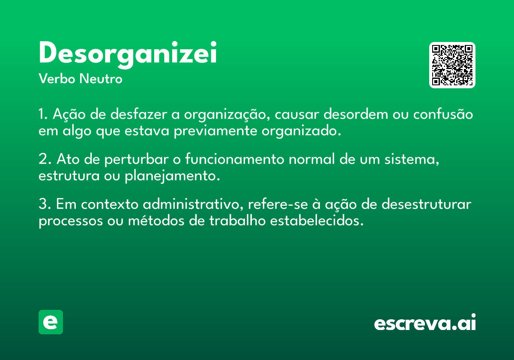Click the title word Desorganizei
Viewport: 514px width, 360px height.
128,55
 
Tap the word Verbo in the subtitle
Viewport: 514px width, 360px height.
57,78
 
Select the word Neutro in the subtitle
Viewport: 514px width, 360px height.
101,78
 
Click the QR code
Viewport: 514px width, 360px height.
452,65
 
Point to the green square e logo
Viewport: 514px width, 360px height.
51,322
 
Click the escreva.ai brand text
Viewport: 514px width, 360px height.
425,322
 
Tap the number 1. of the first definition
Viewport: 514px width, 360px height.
43,114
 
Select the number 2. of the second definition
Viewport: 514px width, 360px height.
45,159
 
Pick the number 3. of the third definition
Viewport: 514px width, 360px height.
45,204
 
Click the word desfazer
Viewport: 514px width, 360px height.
139,114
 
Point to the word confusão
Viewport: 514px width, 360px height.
443,114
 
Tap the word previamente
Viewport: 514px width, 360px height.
215,131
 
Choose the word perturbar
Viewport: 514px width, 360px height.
137,159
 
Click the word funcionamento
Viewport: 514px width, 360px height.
235,159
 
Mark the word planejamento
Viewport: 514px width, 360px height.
172,176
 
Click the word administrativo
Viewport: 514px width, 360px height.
193,204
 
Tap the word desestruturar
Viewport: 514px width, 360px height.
426,204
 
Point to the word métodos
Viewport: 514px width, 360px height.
156,220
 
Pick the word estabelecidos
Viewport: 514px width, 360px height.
317,220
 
